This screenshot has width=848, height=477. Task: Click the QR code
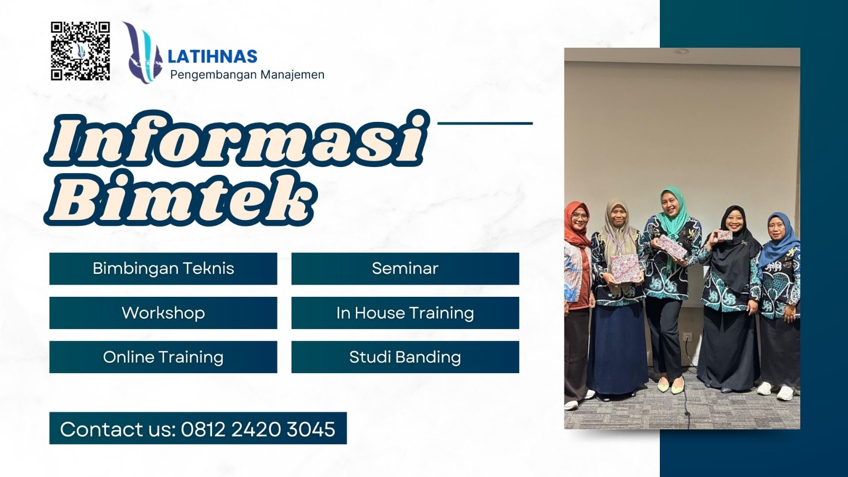tap(80, 51)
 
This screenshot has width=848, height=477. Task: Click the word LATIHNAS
tap(212, 57)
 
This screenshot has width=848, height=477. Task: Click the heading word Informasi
tap(237, 139)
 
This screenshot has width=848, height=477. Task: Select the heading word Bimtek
tap(180, 199)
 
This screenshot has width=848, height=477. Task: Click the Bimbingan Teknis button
tap(163, 269)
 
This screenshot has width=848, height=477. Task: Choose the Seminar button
tap(405, 269)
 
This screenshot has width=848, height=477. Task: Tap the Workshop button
tap(163, 313)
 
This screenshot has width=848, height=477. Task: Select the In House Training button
tap(405, 313)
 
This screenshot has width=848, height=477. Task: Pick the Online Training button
tap(163, 357)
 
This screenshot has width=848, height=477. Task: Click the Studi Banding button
tap(405, 357)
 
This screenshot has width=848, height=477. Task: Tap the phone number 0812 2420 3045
tap(258, 429)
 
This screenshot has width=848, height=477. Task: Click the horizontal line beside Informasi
tap(485, 123)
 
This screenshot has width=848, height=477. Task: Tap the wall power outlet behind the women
tap(687, 337)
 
